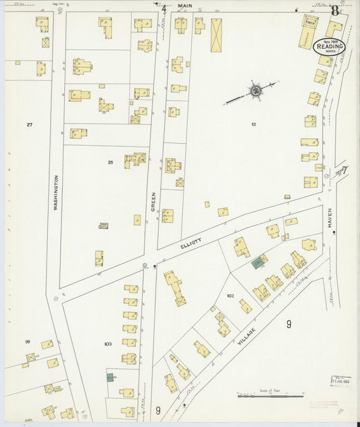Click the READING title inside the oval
[330, 47]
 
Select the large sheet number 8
[335, 9]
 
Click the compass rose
[255, 89]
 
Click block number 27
[29, 125]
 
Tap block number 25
[110, 162]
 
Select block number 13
[253, 124]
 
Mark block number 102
[230, 296]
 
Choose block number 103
[107, 344]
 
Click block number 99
[28, 342]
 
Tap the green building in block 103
[110, 377]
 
